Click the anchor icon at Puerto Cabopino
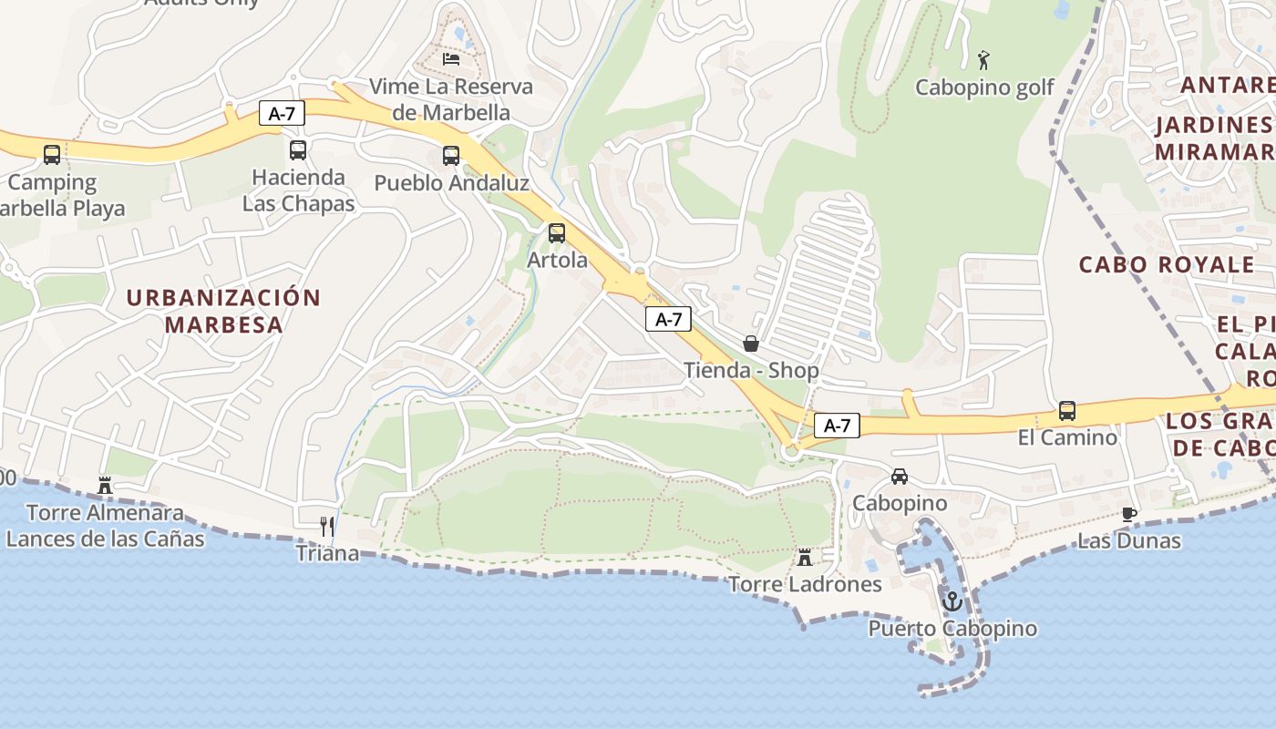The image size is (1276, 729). coord(952,601)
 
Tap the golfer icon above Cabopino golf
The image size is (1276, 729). coord(983,60)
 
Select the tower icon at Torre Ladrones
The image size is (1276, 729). coord(805,557)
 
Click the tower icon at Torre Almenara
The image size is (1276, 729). coord(105,486)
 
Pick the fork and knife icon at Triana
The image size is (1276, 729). coord(327,526)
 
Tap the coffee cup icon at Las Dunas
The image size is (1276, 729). coord(1129,514)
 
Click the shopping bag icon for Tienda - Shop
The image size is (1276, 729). coord(751,344)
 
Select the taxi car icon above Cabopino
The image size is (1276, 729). coord(900,476)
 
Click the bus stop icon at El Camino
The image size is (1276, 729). coord(1067,410)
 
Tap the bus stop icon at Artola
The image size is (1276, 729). coord(557,232)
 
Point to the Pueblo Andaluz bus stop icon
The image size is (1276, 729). coord(451,155)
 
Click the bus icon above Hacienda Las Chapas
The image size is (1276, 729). coord(298,150)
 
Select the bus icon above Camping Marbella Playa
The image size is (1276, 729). coord(52,154)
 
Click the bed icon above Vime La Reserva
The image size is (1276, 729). coord(451,59)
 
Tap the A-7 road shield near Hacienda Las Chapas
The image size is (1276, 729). coord(282,113)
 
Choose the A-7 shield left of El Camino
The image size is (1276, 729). coord(837,425)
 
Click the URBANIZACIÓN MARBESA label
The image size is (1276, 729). coord(223,311)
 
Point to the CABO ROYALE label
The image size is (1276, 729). coord(1167,265)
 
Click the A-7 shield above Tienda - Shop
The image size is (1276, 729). coord(668,319)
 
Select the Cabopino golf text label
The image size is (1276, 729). coord(984,87)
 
